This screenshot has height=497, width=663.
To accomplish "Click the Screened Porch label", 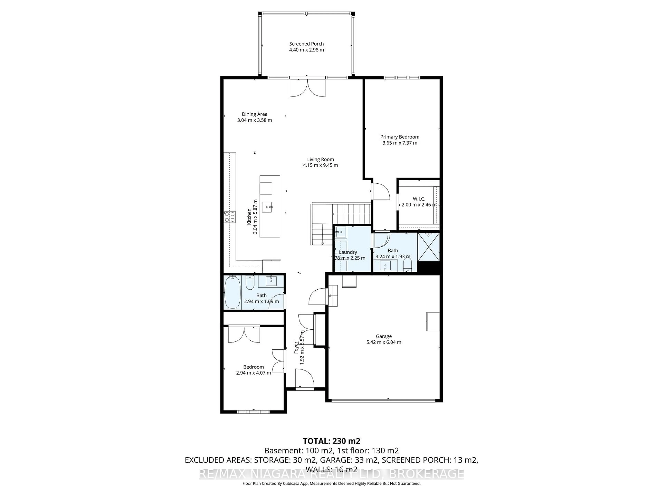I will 306,44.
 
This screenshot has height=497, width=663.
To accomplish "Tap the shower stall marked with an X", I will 428,247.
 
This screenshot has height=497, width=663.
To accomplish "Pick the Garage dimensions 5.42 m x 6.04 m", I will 384,342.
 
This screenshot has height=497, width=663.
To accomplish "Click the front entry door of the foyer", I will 305,379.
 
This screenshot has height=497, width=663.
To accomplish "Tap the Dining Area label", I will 254,114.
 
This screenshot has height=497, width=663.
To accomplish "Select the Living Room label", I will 320,159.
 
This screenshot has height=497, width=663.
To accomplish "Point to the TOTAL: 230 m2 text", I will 331,441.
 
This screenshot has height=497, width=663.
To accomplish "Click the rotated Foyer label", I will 296,348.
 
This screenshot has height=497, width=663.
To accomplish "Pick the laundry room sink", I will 341,232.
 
